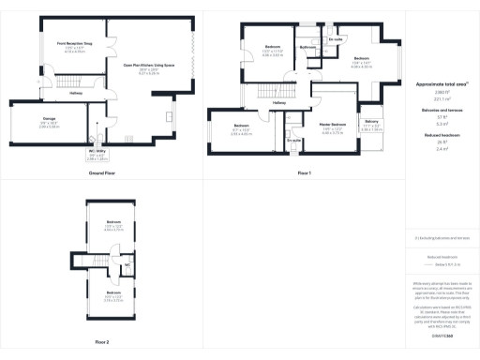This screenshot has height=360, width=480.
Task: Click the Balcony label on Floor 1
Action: [372, 122]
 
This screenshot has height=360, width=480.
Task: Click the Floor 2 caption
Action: [101, 342]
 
